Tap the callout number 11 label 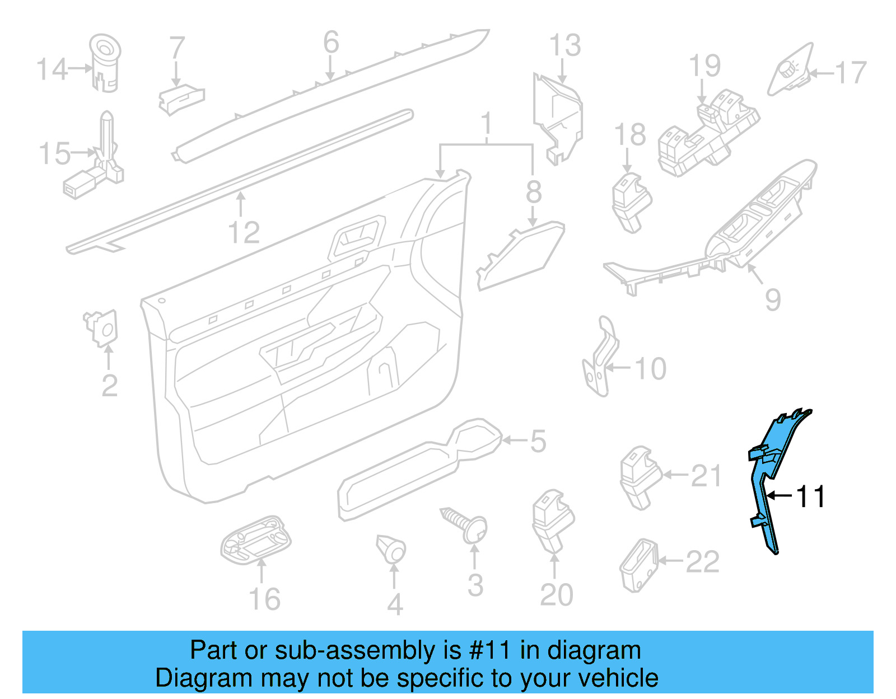click(x=810, y=496)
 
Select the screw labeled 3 click(x=466, y=523)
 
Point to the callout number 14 click(x=52, y=69)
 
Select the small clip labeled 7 click(x=180, y=99)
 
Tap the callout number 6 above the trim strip click(x=331, y=43)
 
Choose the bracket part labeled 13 click(x=557, y=118)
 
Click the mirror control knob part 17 click(x=790, y=71)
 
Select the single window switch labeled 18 click(x=631, y=201)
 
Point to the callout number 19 click(x=704, y=67)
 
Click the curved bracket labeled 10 click(x=601, y=358)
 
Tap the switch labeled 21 click(x=638, y=476)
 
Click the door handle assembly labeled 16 click(x=256, y=540)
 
